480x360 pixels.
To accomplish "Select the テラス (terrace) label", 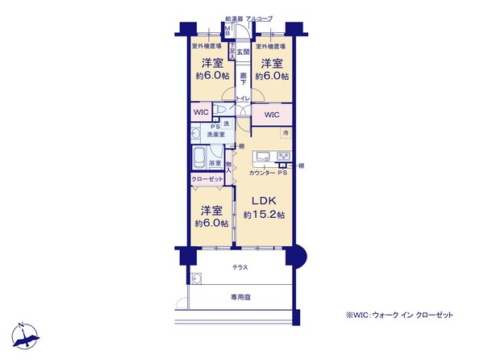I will click(240, 267).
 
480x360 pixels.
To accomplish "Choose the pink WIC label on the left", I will click(201, 113).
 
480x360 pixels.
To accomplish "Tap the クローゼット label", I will click(207, 179).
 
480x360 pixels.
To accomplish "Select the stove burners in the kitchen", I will click(283, 155).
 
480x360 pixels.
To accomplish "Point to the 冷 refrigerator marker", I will click(286, 132).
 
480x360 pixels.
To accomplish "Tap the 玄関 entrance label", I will click(241, 52).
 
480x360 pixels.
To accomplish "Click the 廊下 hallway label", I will click(243, 81).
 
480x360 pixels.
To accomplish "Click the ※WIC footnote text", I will click(399, 314).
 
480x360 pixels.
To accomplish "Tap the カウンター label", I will click(261, 173).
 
